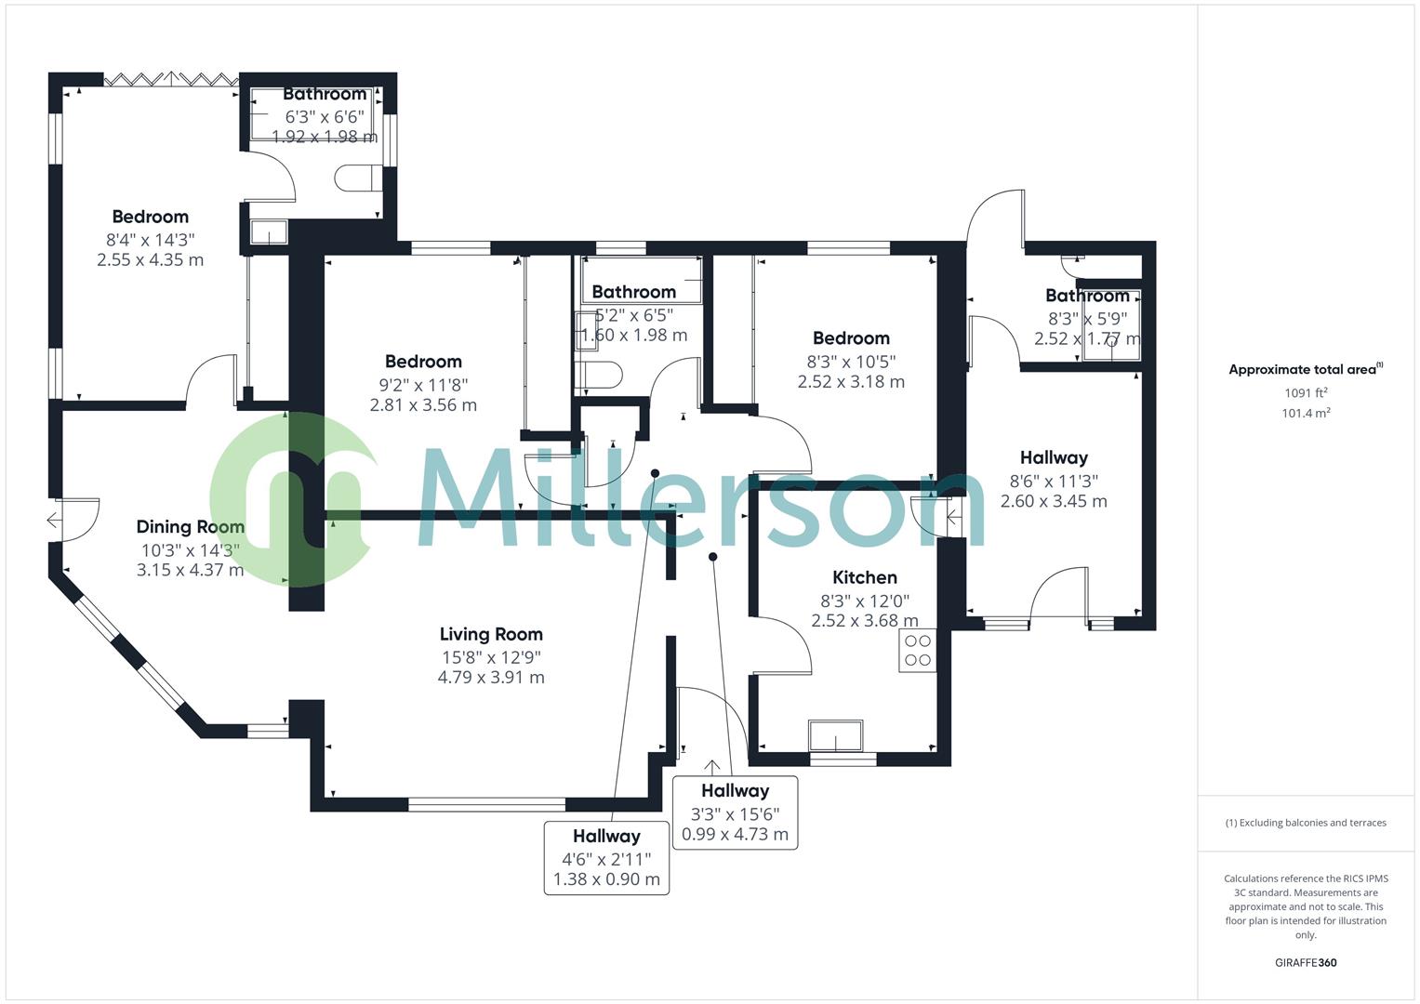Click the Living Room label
click(x=491, y=634)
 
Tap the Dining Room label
click(x=190, y=527)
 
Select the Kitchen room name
click(x=864, y=577)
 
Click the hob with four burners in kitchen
click(x=917, y=651)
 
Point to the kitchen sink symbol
click(x=835, y=735)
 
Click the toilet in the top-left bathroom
click(x=356, y=178)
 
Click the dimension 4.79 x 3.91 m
click(x=491, y=678)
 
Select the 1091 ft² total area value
click(x=1306, y=393)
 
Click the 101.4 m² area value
click(x=1306, y=414)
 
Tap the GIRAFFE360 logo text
click(x=1306, y=963)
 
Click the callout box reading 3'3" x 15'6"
click(x=735, y=812)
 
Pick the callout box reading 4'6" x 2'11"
click(x=606, y=857)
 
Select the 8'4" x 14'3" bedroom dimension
click(x=150, y=239)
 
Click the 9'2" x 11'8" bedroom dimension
click(x=423, y=384)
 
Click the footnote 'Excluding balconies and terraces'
click(x=1306, y=823)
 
